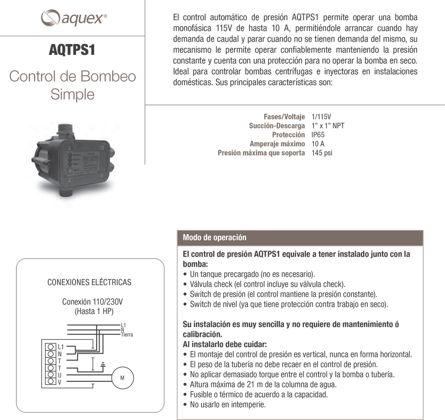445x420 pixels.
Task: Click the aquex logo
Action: pos(74,17)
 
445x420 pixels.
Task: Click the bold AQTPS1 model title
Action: pos(72,50)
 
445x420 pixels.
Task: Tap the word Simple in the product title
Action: pos(72,94)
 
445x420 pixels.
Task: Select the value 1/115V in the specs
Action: pos(321,117)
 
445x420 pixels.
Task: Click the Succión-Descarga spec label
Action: pos(277,126)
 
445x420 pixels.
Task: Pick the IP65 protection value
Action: pos(318,135)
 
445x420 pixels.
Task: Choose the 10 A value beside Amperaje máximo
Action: pos(318,144)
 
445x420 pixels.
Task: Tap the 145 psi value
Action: pos(322,153)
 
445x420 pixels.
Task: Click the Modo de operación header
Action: pos(214,238)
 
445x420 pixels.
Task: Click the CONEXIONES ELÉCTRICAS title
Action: pos(89,282)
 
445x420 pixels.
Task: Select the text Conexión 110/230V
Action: pos(92,302)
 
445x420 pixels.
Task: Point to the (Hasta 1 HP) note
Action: pos(94,311)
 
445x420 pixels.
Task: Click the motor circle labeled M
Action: pos(122,378)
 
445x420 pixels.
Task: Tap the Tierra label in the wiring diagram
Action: pos(127,335)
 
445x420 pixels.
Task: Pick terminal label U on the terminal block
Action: pos(60,375)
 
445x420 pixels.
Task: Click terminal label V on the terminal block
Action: pos(60,382)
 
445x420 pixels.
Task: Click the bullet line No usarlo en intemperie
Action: pos(228,404)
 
